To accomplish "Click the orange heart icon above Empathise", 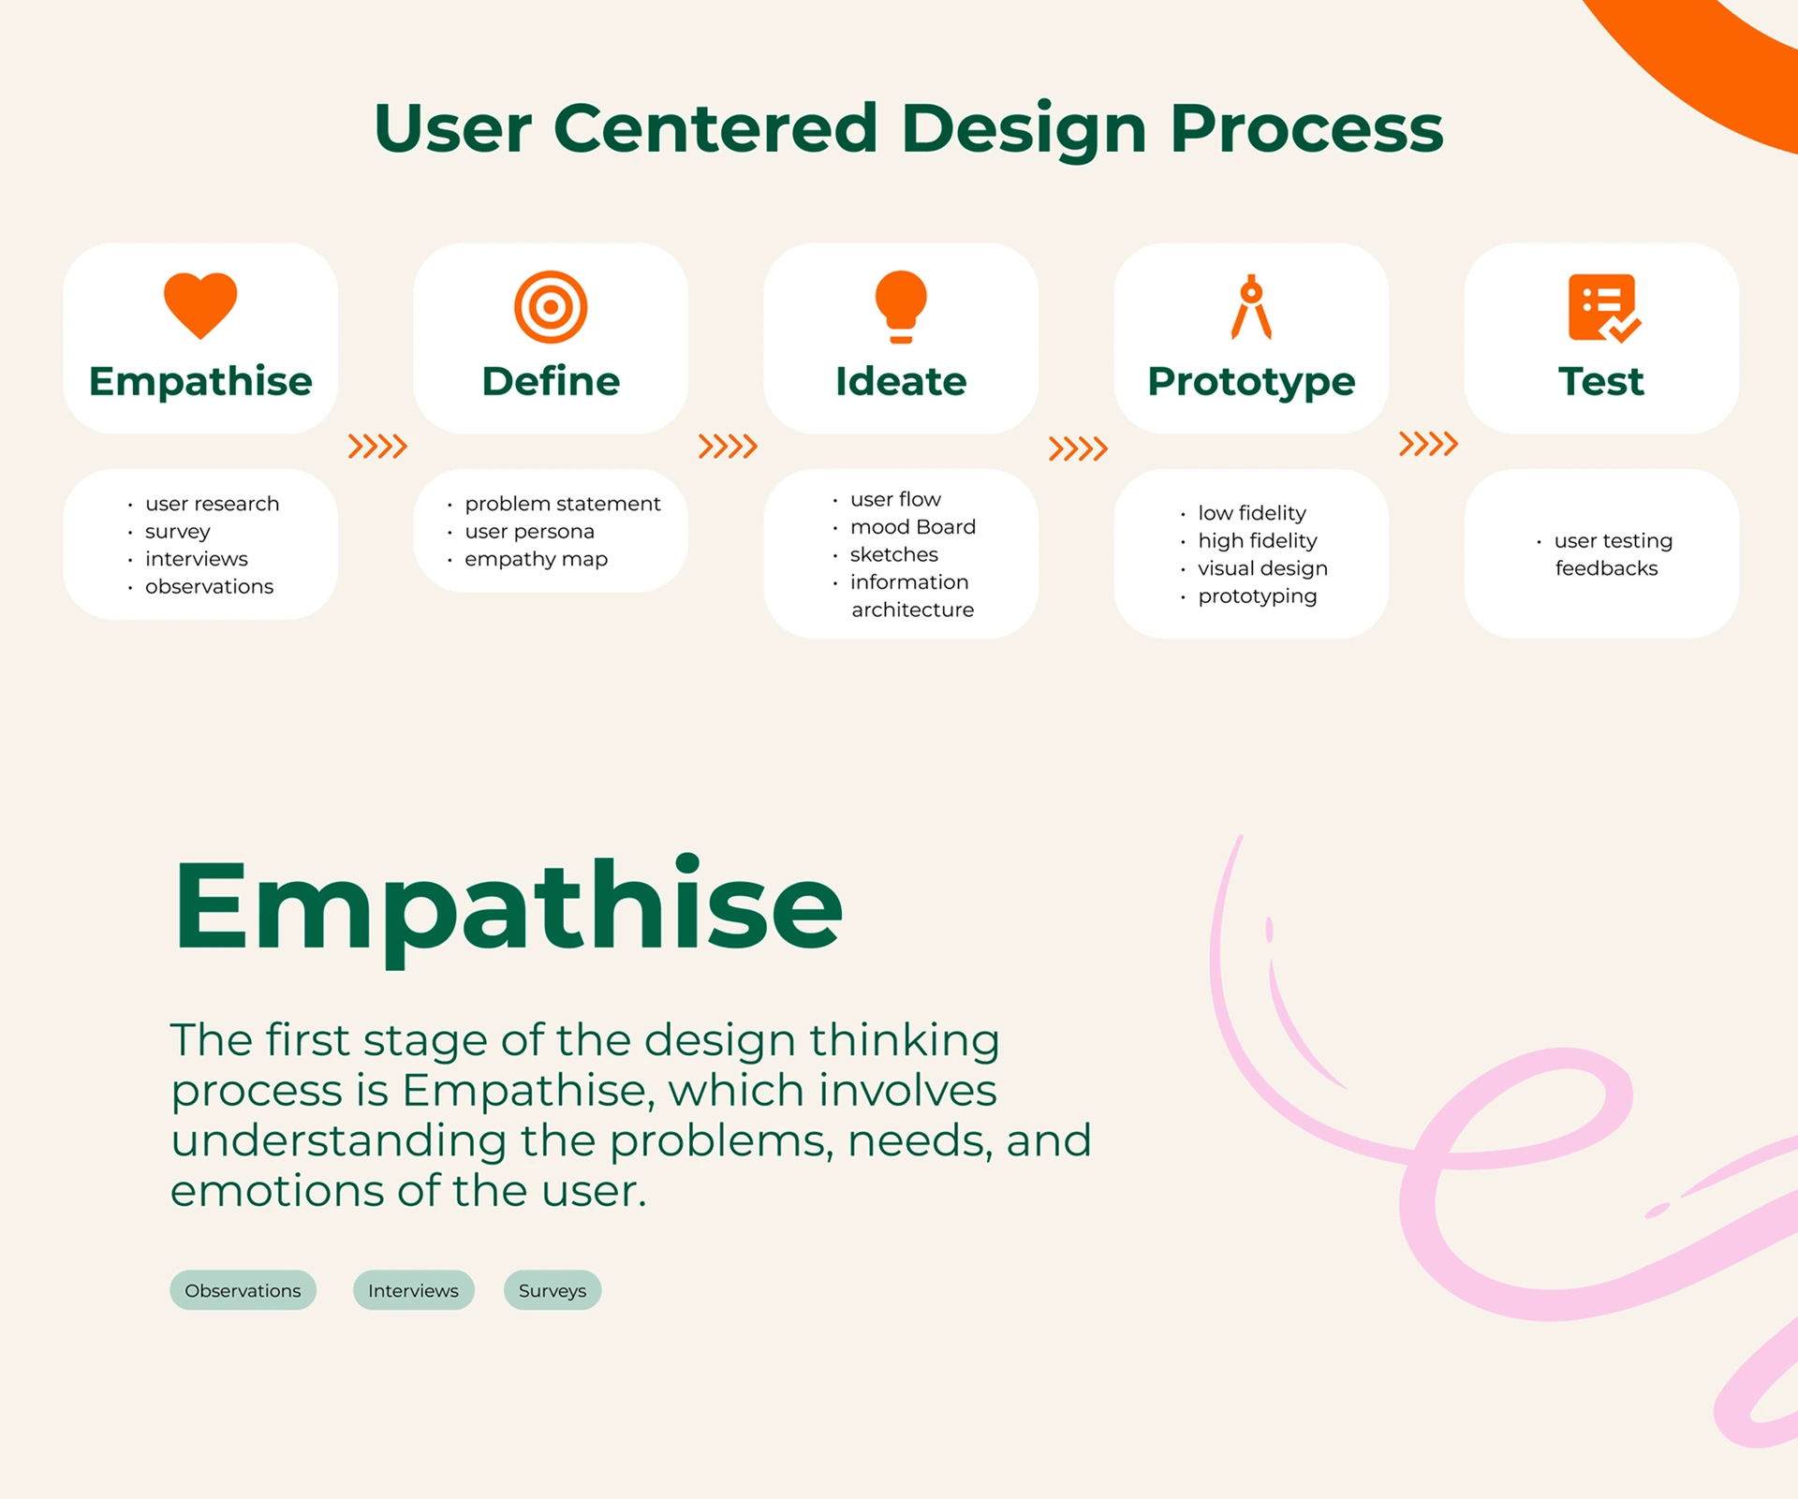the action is (200, 305).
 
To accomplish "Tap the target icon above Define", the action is (551, 307).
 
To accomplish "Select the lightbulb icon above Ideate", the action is (901, 307).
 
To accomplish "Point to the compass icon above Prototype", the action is (1251, 306).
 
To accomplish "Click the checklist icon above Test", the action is (1604, 308).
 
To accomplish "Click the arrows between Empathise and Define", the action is (377, 447).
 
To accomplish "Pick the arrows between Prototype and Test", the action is (1428, 444).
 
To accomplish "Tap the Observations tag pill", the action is (243, 1290).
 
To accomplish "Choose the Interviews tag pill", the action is (413, 1290).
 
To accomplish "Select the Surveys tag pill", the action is (553, 1290).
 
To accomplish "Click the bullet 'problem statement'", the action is (562, 504).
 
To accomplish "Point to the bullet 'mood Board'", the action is (912, 527).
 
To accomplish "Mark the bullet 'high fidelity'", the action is (1257, 541).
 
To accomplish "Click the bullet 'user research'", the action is (212, 504).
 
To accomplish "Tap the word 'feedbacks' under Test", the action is (1606, 568).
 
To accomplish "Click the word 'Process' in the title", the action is (1306, 129).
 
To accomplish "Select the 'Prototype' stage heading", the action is (1251, 382).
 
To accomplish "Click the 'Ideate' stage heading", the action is (901, 381).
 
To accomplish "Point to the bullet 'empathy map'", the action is (536, 560).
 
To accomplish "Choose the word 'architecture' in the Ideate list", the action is (912, 610).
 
